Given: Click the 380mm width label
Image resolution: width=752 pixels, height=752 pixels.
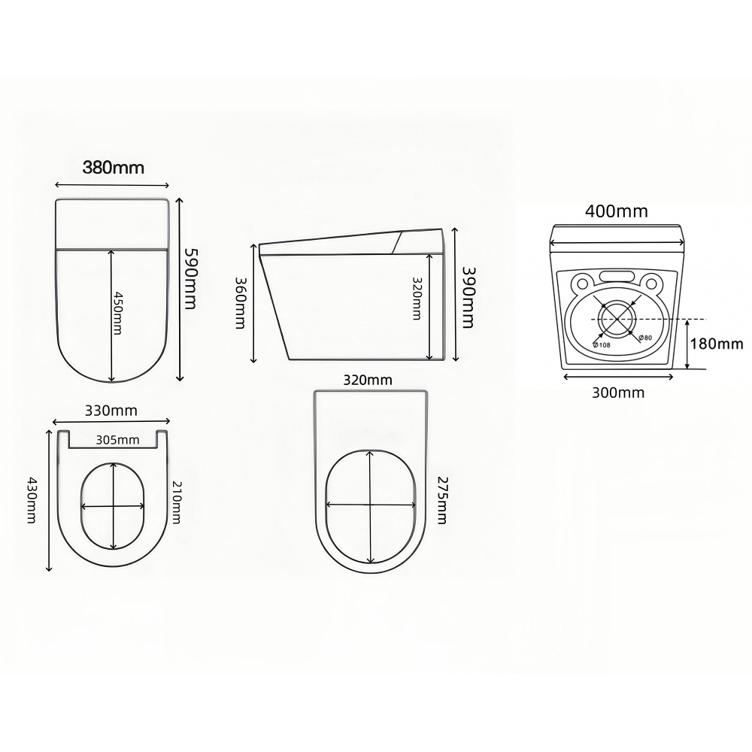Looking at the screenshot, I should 113,168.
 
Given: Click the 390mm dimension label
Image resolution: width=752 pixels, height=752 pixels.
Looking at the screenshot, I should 468,298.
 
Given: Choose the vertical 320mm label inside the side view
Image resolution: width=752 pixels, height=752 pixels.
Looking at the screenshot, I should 416,297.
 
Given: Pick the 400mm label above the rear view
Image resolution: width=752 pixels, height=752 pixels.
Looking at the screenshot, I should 616,211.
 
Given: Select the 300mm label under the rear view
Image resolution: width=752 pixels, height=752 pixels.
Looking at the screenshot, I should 619,392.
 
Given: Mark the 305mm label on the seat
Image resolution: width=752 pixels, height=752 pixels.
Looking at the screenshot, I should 117,440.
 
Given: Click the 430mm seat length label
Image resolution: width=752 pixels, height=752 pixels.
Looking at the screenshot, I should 32,500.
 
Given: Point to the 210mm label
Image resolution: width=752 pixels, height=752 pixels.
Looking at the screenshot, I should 176,502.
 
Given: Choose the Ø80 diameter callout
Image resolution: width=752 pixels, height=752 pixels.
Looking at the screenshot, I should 645,338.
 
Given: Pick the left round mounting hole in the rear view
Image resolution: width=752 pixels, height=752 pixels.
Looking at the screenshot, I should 581,285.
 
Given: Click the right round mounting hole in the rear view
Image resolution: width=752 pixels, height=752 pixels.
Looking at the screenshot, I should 651,285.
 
